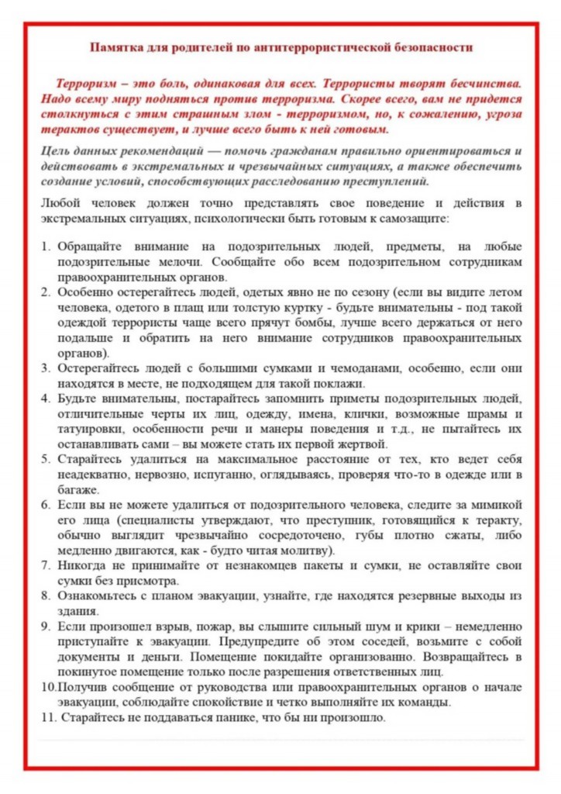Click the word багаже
[76, 489]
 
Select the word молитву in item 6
[305, 550]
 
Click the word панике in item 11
[224, 717]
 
